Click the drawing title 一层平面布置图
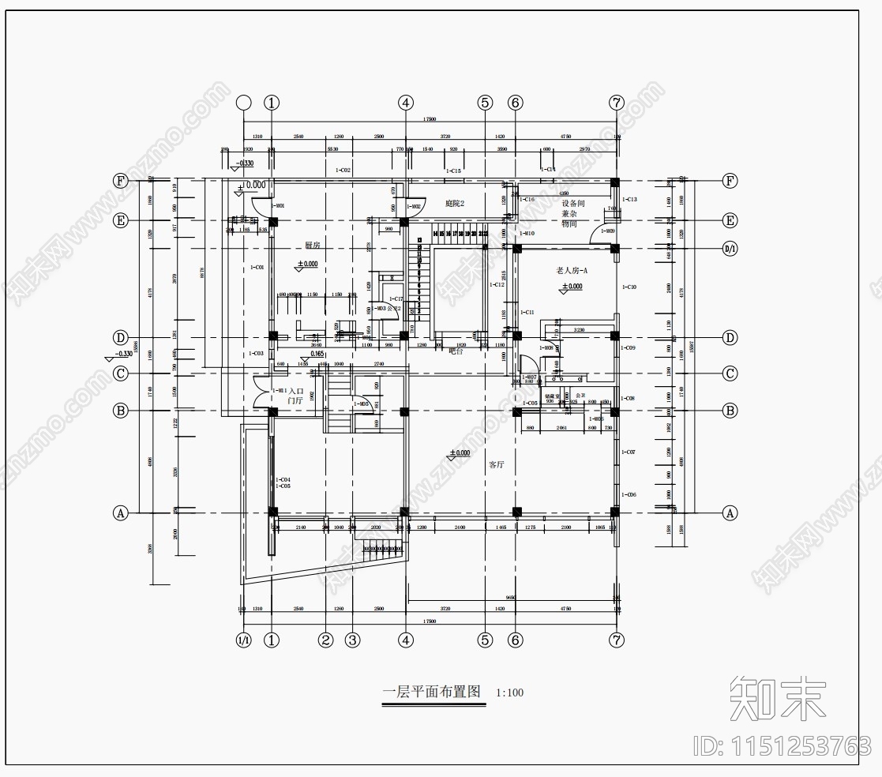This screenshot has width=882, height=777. pos(431,692)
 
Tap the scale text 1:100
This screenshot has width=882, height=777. pos(509,693)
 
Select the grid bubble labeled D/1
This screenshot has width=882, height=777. pos(730,250)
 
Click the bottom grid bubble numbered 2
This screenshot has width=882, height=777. pos(325,640)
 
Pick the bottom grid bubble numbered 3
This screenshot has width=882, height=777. pos(353,640)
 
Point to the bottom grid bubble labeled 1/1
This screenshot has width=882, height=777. pos(244,640)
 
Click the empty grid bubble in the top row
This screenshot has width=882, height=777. pos(244,103)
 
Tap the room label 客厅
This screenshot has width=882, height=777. pos(496,464)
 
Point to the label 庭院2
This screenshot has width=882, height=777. pos(455,204)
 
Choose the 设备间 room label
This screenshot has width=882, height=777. pos(572,203)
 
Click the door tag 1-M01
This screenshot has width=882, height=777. pos(277,206)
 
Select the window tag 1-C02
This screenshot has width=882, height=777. pos(343,170)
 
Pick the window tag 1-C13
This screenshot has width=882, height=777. pos(629,200)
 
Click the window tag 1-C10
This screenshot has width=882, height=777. pos(629,287)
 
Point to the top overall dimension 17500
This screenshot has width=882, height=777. pos(430,119)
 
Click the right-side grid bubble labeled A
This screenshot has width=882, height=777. pos(730,513)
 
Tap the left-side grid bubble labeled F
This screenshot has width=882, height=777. pos(121,181)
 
